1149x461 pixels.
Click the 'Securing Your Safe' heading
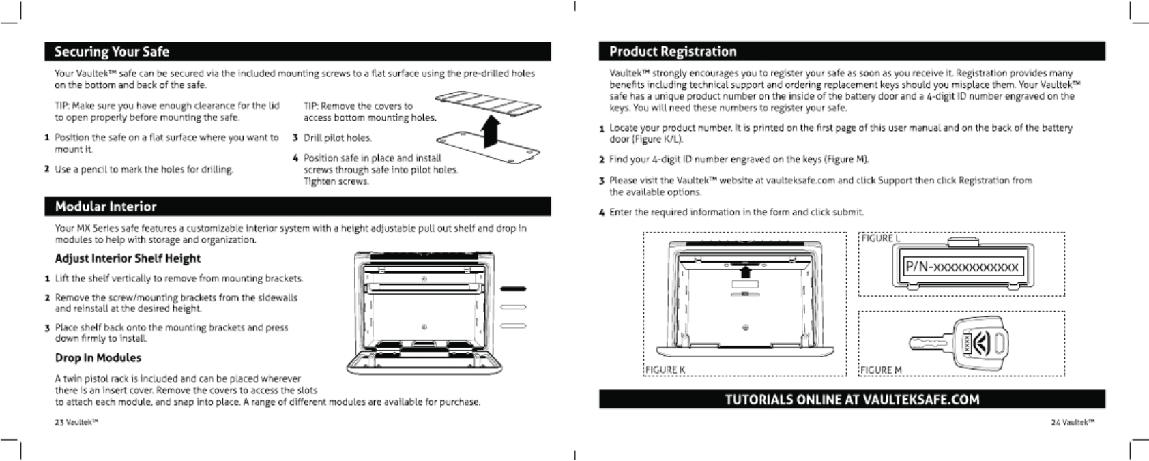tap(111, 52)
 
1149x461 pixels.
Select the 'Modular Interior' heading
tap(105, 207)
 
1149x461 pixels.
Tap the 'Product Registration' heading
tap(672, 52)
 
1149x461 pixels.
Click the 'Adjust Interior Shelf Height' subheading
tap(128, 258)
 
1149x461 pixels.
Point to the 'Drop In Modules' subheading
tap(98, 358)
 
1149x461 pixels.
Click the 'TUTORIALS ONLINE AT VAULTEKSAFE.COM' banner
tap(852, 400)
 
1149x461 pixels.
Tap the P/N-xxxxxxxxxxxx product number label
tap(961, 267)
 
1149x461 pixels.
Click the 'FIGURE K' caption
tap(665, 370)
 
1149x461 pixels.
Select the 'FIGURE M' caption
tap(881, 370)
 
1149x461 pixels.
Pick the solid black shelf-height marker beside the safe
tap(513, 288)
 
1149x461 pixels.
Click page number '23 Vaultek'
tap(76, 422)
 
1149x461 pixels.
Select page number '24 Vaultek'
tap(1073, 422)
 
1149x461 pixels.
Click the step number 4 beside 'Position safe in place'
tap(295, 158)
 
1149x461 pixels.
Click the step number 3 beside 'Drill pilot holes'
tap(295, 138)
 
